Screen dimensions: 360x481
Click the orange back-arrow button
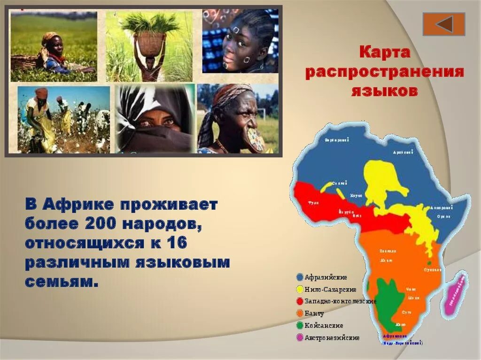(x=443, y=24)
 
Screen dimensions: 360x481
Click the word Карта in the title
(x=385, y=52)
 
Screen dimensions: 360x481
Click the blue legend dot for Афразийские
(x=300, y=277)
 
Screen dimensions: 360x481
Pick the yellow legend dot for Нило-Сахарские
(x=300, y=289)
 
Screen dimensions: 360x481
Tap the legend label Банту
(x=314, y=313)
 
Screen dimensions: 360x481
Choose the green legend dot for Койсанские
(x=300, y=325)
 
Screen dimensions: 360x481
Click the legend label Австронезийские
(x=332, y=337)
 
